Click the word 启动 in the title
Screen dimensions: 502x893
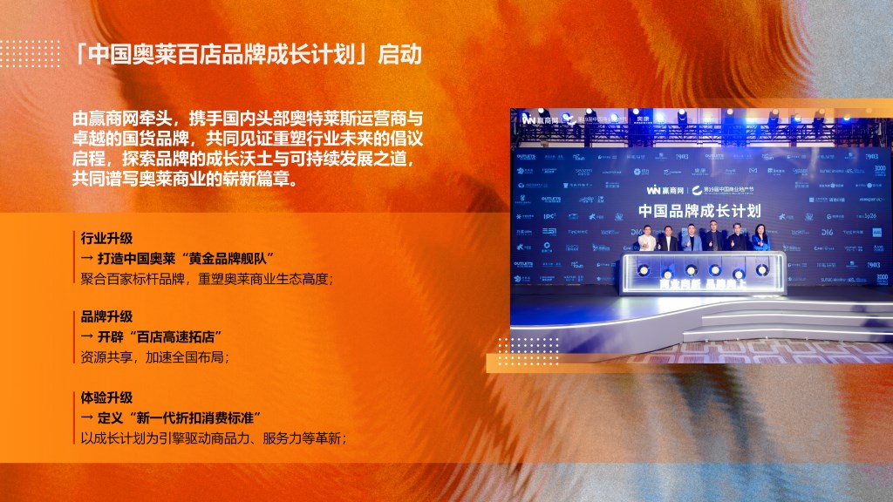[400, 55]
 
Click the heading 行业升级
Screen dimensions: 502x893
[106, 238]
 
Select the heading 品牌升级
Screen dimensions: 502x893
[106, 316]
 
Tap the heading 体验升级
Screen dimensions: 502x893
[106, 397]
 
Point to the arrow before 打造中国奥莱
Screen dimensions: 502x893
[87, 258]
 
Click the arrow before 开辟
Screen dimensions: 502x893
[87, 336]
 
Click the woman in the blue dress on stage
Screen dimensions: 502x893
[760, 240]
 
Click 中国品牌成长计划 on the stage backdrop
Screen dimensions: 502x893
[699, 210]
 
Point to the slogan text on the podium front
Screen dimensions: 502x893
[700, 284]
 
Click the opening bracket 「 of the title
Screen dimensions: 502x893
[80, 55]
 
